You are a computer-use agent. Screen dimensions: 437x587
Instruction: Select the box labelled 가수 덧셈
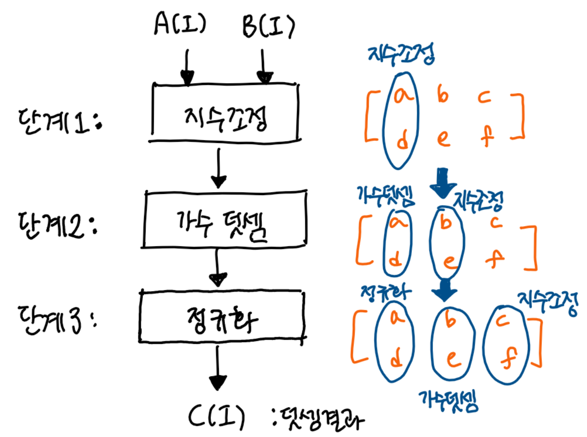pyautogui.click(x=223, y=220)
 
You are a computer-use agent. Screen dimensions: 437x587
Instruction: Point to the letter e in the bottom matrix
pyautogui.click(x=446, y=356)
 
